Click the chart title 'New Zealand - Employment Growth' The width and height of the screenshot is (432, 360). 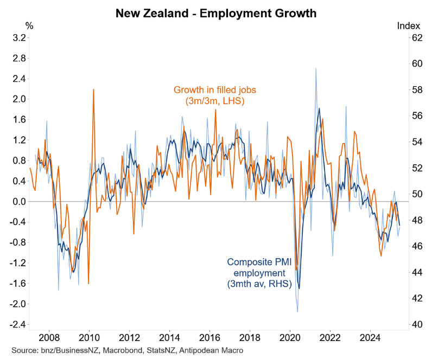point(216,12)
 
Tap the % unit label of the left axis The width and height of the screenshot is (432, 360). point(29,25)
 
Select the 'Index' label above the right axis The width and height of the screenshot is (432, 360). point(408,25)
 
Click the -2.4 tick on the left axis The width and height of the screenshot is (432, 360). point(18,324)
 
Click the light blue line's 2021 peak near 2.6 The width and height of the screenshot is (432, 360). point(316,69)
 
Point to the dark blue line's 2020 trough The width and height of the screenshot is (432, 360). point(299,288)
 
